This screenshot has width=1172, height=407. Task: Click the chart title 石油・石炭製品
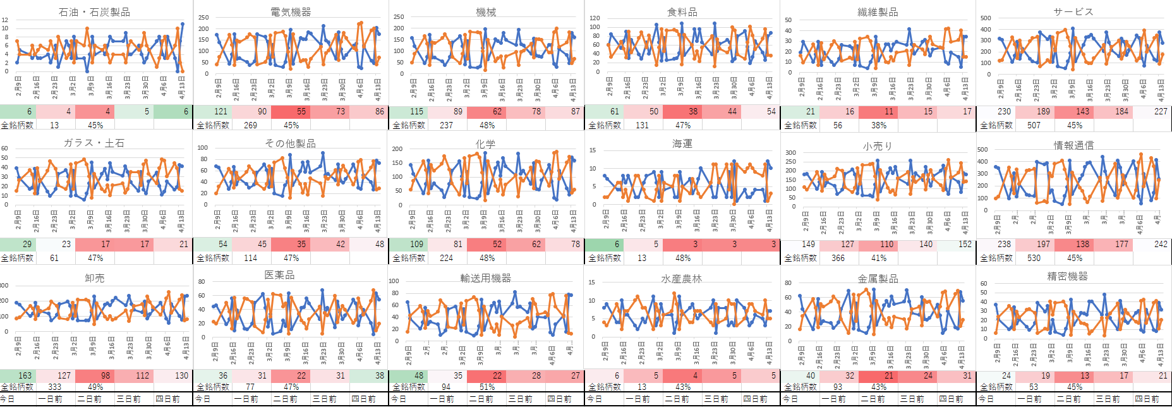[x=94, y=12]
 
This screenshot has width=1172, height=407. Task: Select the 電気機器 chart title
[x=290, y=12]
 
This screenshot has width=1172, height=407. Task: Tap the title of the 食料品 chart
[x=682, y=12]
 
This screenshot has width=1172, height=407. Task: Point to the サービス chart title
[x=1073, y=12]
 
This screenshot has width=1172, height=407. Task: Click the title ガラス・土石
[x=94, y=143]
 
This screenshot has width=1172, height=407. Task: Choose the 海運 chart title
[x=682, y=144]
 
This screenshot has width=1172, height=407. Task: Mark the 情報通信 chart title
[x=1073, y=145]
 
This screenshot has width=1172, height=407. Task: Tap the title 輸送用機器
[x=485, y=278]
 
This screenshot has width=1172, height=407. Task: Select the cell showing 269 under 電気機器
[x=250, y=125]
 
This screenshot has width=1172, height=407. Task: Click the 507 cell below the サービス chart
[x=1034, y=125]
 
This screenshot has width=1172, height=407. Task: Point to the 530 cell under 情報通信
[x=1034, y=258]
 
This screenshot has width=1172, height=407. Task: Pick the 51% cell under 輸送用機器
[x=487, y=387]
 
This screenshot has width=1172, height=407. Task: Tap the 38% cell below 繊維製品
[x=879, y=125]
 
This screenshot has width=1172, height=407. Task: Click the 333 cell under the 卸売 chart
[x=54, y=387]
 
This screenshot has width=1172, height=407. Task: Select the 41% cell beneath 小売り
[x=879, y=258]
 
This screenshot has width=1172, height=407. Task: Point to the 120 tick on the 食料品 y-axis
[x=595, y=18]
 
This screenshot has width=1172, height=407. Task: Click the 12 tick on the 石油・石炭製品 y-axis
[x=5, y=20]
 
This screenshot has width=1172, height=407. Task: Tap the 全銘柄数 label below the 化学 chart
[x=409, y=258]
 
